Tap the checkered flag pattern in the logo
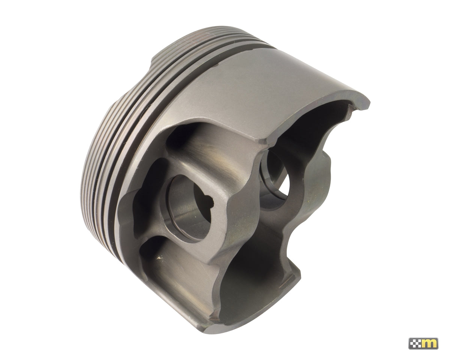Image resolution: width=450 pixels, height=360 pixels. pyautogui.click(x=416, y=343)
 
